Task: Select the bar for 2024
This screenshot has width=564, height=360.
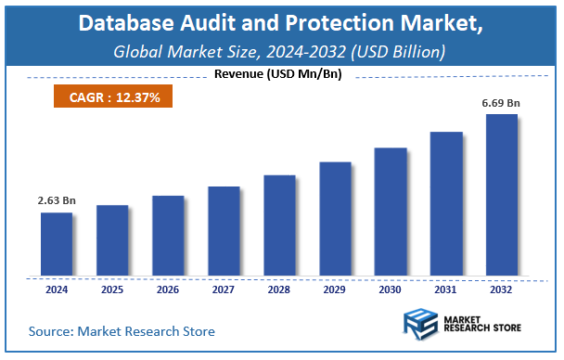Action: point(56,244)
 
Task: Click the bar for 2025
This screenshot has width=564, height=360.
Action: point(111,240)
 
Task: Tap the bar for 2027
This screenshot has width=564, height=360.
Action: point(224,231)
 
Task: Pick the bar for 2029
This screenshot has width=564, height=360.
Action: point(335,219)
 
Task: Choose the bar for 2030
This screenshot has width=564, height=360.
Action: point(391,212)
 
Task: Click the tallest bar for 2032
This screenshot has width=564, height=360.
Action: point(502,195)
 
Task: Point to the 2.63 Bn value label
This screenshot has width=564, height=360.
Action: point(57,199)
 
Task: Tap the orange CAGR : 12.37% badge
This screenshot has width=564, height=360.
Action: point(106,96)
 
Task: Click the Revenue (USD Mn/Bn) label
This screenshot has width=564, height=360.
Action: point(277,74)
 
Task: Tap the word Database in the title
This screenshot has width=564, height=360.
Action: point(125,23)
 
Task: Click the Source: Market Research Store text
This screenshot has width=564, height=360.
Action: point(122,331)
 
